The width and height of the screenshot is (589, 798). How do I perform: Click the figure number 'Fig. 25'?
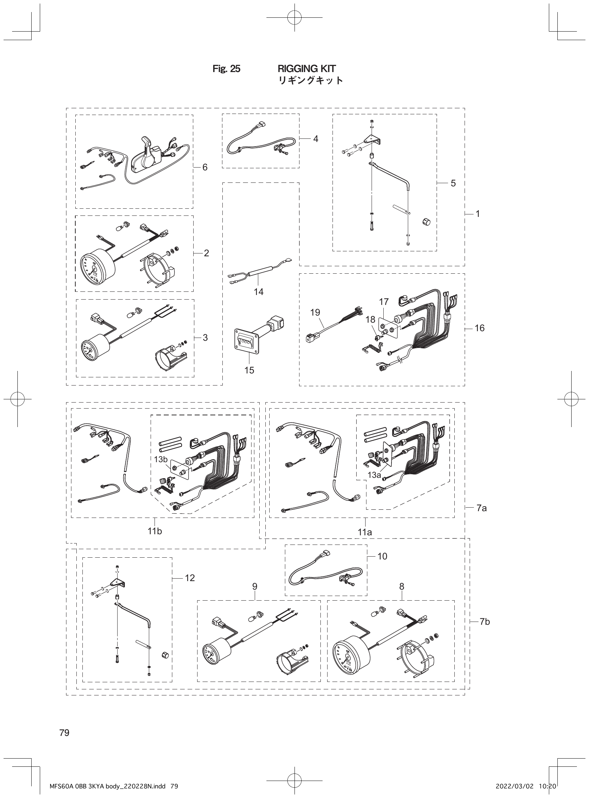click(226, 69)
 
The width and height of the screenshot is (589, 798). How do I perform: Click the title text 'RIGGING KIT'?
click(306, 69)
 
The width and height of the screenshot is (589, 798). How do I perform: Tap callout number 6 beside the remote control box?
click(205, 167)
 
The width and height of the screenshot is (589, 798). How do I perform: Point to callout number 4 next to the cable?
click(315, 138)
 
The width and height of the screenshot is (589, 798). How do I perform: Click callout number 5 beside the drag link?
click(453, 183)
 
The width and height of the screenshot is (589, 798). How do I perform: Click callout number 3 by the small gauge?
click(205, 337)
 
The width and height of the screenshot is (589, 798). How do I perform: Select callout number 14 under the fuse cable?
click(258, 292)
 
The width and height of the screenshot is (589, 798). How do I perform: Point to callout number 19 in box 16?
click(315, 312)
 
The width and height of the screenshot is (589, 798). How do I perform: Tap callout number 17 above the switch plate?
click(384, 302)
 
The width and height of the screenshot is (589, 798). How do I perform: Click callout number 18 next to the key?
click(371, 319)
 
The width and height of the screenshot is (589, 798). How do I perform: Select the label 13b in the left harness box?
click(161, 459)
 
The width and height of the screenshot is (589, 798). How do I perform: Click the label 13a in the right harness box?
click(374, 475)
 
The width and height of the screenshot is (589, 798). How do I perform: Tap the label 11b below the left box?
click(155, 531)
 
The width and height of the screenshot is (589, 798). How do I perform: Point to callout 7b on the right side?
click(485, 622)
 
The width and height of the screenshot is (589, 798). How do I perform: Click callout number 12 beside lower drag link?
click(190, 578)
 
